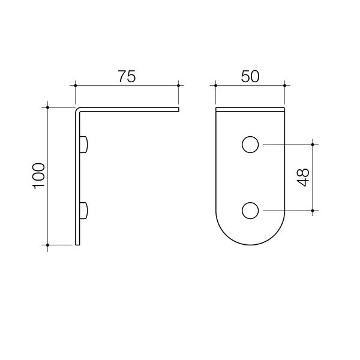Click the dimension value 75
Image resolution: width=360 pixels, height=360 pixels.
click(x=127, y=76)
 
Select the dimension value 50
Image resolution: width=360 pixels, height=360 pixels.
click(x=250, y=76)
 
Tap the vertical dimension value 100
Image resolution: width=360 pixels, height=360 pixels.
click(x=38, y=176)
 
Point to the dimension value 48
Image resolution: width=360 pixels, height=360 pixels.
click(x=303, y=177)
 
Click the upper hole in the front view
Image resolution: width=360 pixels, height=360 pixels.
click(x=250, y=145)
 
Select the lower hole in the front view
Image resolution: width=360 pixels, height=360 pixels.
click(x=250, y=210)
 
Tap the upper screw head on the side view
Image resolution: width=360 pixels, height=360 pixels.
click(x=85, y=144)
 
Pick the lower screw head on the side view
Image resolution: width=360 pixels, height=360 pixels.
click(x=85, y=210)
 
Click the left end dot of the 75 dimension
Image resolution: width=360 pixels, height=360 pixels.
click(x=76, y=86)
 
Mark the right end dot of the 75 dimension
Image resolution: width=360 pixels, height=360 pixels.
click(x=179, y=86)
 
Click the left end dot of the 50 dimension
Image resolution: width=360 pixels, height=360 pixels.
click(x=215, y=86)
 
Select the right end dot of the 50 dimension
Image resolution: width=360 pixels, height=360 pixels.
click(x=284, y=86)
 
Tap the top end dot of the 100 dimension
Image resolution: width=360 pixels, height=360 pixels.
click(x=47, y=107)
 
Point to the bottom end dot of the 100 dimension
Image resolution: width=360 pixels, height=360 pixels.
click(x=47, y=245)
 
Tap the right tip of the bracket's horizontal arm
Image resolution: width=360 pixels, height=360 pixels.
click(x=178, y=109)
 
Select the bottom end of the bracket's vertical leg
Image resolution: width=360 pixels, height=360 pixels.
click(x=77, y=244)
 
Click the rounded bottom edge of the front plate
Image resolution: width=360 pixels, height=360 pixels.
click(x=250, y=244)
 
